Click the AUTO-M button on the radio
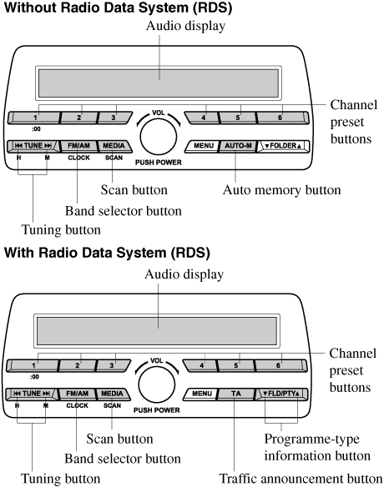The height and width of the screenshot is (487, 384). pyautogui.click(x=238, y=146)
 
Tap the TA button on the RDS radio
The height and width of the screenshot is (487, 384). pyautogui.click(x=236, y=394)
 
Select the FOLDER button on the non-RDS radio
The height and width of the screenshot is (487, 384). pyautogui.click(x=283, y=146)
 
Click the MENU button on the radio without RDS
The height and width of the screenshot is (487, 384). pyautogui.click(x=203, y=146)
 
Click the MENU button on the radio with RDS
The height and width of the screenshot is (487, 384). pyautogui.click(x=201, y=394)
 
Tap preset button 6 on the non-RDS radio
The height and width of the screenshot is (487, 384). pyautogui.click(x=282, y=118)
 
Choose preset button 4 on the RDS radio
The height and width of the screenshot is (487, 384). pyautogui.click(x=200, y=365)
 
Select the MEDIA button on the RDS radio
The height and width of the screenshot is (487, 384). pyautogui.click(x=113, y=394)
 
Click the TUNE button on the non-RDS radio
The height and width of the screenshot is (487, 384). pyautogui.click(x=33, y=146)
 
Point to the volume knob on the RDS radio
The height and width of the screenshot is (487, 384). pyautogui.click(x=157, y=384)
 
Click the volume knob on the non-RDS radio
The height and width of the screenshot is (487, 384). pyautogui.click(x=159, y=136)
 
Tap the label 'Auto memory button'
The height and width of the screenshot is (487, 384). pyautogui.click(x=281, y=190)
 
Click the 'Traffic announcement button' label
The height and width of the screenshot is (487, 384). pyautogui.click(x=301, y=479)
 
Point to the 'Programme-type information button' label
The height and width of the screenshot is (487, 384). pyautogui.click(x=317, y=448)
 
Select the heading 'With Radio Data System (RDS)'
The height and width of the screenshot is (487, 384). pyautogui.click(x=108, y=252)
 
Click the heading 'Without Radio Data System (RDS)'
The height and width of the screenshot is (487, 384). pyautogui.click(x=119, y=8)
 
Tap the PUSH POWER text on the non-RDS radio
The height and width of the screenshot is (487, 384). pyautogui.click(x=159, y=163)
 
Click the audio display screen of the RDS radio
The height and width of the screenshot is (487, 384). pyautogui.click(x=157, y=331)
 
